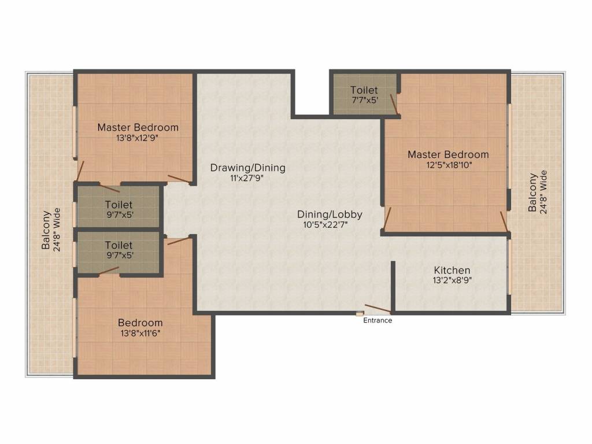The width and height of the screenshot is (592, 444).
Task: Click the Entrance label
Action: [x=378, y=320]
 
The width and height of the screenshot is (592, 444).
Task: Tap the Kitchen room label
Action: [x=452, y=271]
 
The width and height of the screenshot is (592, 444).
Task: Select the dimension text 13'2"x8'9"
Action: [x=452, y=280]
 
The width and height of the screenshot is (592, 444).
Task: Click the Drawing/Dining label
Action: [x=247, y=168]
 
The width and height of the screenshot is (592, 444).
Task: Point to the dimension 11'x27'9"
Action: [x=247, y=178]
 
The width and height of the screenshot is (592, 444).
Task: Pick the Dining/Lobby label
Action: [x=330, y=214]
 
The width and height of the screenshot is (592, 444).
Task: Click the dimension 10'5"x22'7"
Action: [x=325, y=225]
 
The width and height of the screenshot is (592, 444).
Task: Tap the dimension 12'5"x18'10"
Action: [x=449, y=165]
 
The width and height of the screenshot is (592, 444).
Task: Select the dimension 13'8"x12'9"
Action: [x=137, y=138]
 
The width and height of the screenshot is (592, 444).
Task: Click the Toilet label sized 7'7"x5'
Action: [x=364, y=90]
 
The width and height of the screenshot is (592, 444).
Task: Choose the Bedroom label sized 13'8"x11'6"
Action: [x=140, y=323]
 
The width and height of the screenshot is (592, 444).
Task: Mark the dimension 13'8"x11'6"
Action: [x=140, y=334]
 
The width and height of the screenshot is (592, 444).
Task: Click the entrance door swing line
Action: [x=378, y=309]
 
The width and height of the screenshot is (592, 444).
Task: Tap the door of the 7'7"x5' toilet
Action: [x=393, y=104]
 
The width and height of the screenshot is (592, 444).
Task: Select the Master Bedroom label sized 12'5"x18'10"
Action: [x=448, y=155]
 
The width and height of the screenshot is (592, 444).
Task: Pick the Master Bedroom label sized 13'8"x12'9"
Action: [x=138, y=128]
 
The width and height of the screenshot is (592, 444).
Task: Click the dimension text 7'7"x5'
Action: [x=365, y=101]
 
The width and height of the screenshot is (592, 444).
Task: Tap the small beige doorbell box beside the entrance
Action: [x=360, y=314]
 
